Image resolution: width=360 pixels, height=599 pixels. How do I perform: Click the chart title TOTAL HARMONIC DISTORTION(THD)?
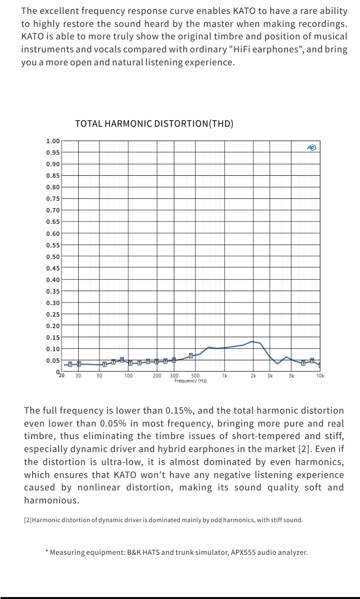(154, 124)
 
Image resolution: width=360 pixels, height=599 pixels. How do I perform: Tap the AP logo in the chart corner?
(312, 147)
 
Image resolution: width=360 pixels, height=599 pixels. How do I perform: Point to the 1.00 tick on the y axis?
(53, 141)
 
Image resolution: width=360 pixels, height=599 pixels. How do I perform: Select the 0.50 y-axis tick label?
(53, 257)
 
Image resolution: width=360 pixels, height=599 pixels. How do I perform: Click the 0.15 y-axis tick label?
(53, 337)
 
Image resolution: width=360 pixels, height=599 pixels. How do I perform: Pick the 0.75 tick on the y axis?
(53, 199)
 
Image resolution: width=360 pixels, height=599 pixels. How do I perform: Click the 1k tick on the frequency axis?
(225, 376)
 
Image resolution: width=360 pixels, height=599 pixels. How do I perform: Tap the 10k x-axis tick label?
(320, 376)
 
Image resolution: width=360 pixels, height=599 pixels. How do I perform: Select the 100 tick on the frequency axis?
(129, 376)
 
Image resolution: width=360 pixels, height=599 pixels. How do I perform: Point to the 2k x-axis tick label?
(253, 376)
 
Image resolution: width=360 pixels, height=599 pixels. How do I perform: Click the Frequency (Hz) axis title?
(191, 381)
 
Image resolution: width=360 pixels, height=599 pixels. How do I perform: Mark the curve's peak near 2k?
(252, 342)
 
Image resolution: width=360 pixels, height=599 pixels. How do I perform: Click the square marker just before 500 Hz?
(191, 356)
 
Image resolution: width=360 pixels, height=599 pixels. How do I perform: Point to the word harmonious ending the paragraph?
(51, 501)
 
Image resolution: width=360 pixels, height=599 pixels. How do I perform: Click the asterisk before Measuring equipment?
(47, 552)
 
